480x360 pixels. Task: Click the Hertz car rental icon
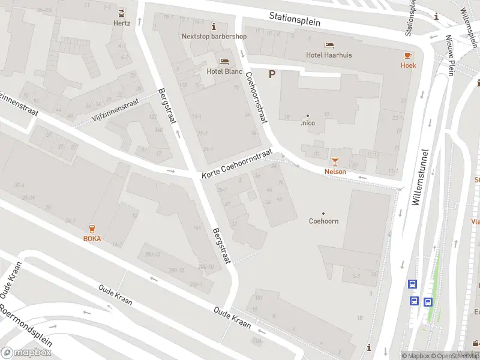point(122,13)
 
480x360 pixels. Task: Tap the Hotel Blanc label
point(224,71)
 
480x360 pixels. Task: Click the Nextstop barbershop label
point(214,36)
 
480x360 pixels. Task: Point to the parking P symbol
point(272,74)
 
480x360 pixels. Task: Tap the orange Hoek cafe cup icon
point(409,55)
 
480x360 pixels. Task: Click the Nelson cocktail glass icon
point(335,161)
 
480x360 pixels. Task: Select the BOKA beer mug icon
point(92,228)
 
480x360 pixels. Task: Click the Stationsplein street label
point(295,19)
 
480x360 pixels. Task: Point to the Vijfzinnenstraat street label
point(116,110)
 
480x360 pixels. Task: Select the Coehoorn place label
point(323,221)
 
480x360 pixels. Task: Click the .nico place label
point(308,123)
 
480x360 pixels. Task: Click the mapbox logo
point(26,353)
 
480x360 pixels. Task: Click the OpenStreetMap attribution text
point(453,356)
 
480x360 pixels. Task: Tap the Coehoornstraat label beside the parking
point(255,98)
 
